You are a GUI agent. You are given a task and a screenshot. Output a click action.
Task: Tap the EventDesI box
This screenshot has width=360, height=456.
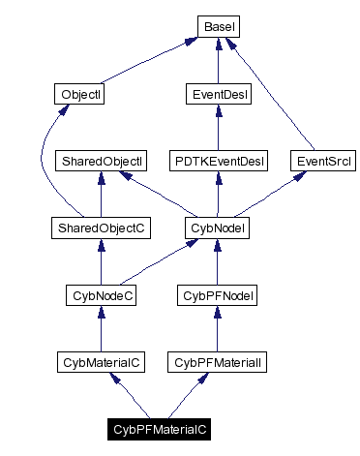tap(217, 95)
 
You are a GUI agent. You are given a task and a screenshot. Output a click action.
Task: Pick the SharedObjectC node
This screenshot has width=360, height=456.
tap(101, 228)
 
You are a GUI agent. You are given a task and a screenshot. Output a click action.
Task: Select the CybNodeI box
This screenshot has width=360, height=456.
tap(217, 228)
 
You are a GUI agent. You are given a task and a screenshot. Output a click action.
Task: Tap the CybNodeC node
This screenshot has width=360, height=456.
tap(101, 295)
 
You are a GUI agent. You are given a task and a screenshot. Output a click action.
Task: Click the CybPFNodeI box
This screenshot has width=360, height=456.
tap(217, 295)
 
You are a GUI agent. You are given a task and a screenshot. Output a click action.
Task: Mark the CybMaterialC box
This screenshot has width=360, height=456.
tap(101, 362)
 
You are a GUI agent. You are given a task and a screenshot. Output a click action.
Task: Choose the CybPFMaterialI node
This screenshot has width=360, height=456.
tap(217, 362)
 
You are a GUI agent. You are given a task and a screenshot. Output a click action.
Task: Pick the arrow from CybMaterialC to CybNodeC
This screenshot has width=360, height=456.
tap(101, 329)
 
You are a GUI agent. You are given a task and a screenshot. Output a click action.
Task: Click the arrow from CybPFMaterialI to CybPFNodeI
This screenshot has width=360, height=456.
tap(217, 329)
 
